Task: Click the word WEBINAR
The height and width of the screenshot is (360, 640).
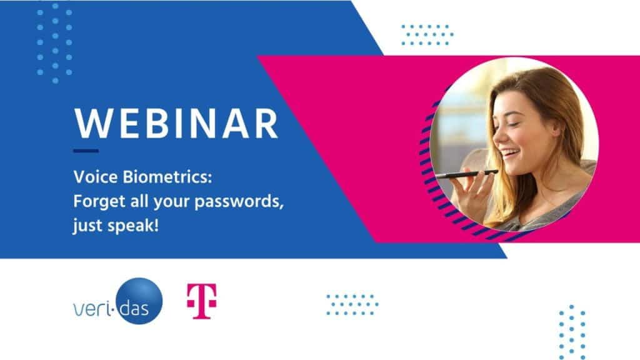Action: click(x=176, y=123)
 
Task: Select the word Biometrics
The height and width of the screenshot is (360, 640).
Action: click(x=167, y=177)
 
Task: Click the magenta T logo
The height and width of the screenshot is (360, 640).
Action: click(x=202, y=301)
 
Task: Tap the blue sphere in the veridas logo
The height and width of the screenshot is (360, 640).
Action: click(x=139, y=301)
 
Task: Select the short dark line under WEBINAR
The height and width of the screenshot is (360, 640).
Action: click(x=86, y=151)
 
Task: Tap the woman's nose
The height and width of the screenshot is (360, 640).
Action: click(x=497, y=137)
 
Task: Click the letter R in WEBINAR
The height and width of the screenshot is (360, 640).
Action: click(x=266, y=123)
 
